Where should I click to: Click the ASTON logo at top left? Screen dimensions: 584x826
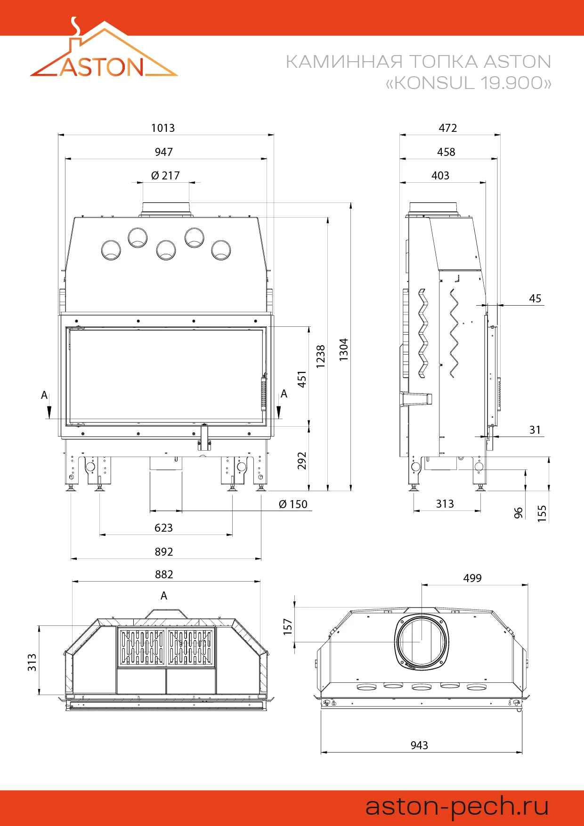coord(104,49)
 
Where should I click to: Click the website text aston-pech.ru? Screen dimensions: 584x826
coord(457,807)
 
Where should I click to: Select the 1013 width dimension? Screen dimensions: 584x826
coord(163,128)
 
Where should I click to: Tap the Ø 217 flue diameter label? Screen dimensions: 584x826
coord(165,176)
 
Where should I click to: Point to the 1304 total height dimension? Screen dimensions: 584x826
coord(344,349)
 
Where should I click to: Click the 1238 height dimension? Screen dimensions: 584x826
coord(321,356)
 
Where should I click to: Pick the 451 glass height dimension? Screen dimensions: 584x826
coord(302,379)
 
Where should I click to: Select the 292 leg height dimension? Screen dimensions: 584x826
coord(302,461)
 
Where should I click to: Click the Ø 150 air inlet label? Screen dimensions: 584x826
coord(293,504)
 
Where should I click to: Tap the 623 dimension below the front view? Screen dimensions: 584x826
coord(163,528)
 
